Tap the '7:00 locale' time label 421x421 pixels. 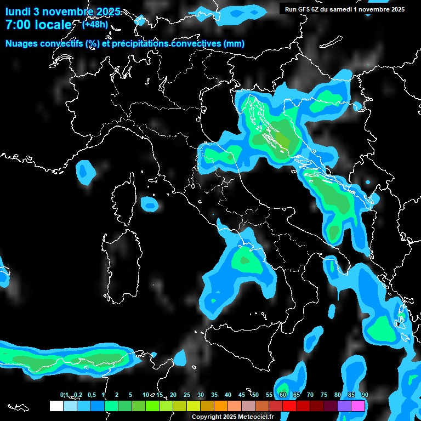tap(38, 25)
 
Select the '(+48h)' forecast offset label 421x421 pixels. tap(95, 25)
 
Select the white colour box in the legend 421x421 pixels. tap(56, 406)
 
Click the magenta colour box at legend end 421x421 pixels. tap(358, 406)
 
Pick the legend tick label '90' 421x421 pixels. tap(365, 395)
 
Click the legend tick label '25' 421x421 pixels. tap(186, 395)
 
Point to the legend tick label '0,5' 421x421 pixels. tap(91, 395)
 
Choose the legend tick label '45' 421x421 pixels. tap(241, 395)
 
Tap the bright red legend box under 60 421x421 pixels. tap(289, 406)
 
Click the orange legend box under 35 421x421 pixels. tap(221, 406)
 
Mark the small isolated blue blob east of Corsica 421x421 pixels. tap(149, 204)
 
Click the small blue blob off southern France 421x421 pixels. tap(85, 172)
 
